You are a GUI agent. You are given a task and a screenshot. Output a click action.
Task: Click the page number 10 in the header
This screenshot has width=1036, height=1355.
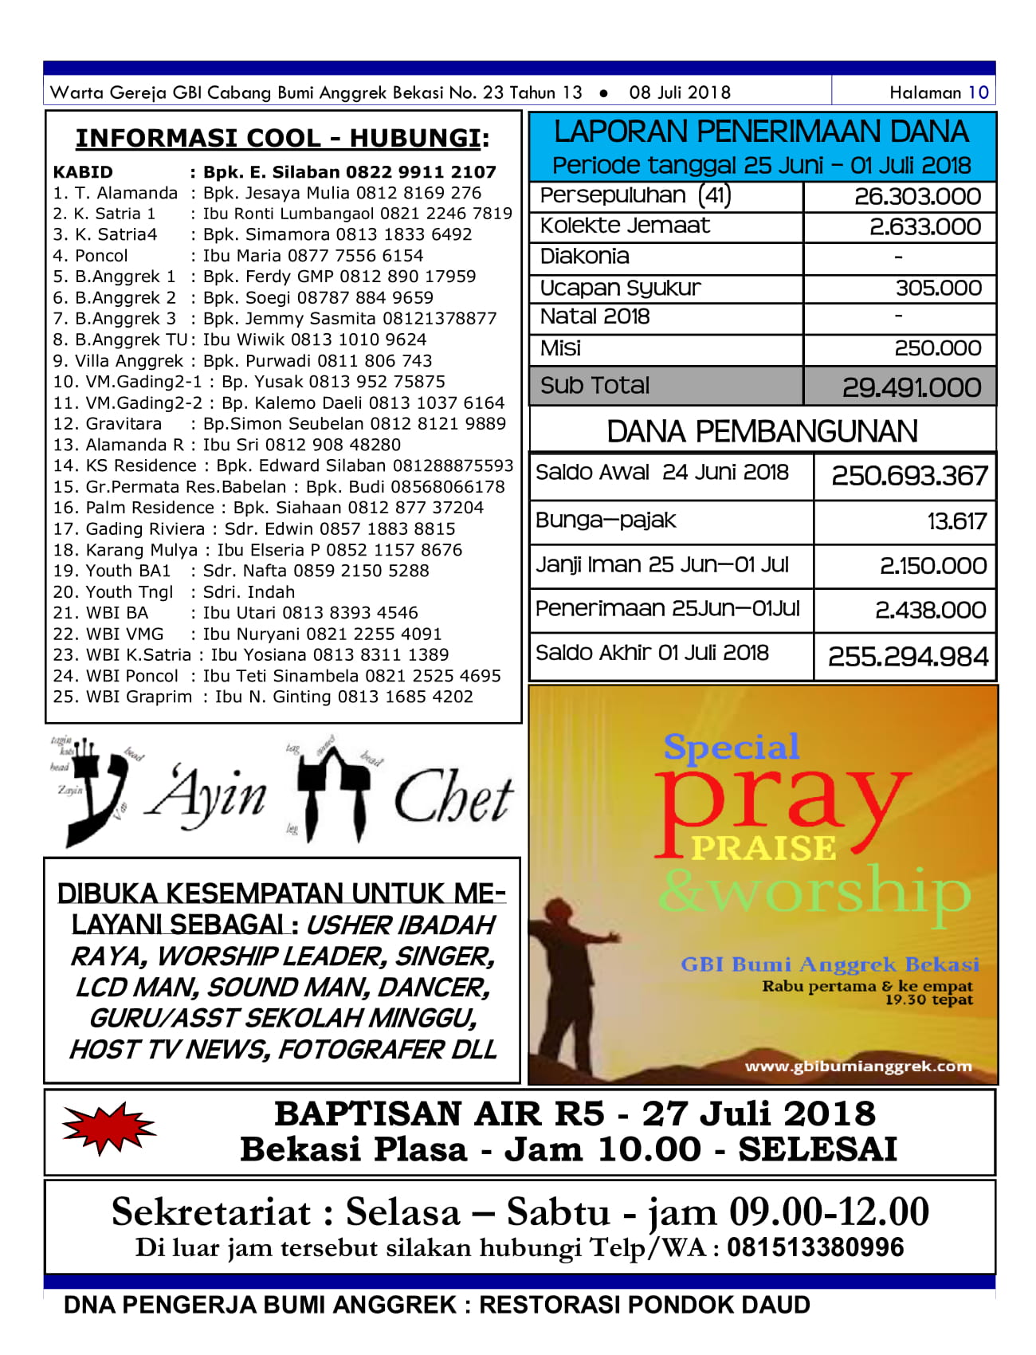978,92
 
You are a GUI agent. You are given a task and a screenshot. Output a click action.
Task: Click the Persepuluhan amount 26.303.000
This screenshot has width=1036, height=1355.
917,196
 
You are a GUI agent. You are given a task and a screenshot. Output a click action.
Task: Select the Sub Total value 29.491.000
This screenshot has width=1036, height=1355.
911,387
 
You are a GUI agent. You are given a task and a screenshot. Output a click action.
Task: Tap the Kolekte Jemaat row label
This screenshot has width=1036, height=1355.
625,226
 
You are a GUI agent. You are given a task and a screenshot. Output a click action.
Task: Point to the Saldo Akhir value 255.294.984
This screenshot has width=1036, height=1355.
908,656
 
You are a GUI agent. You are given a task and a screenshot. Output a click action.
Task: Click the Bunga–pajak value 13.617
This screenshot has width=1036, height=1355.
956,521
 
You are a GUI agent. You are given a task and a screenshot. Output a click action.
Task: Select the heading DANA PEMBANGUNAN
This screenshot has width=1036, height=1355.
762,431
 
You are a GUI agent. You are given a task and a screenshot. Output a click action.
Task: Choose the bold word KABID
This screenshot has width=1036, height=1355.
83,172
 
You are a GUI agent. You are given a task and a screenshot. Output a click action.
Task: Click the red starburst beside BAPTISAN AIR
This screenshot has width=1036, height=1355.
108,1128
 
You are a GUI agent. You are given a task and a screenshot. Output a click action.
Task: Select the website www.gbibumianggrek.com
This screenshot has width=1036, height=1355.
857,1066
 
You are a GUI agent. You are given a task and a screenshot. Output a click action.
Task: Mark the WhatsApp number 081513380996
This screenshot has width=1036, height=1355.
814,1247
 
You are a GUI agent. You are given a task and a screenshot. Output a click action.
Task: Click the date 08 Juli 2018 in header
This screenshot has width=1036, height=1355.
679,92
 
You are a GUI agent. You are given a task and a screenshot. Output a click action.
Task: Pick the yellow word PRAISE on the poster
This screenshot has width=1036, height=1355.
763,848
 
